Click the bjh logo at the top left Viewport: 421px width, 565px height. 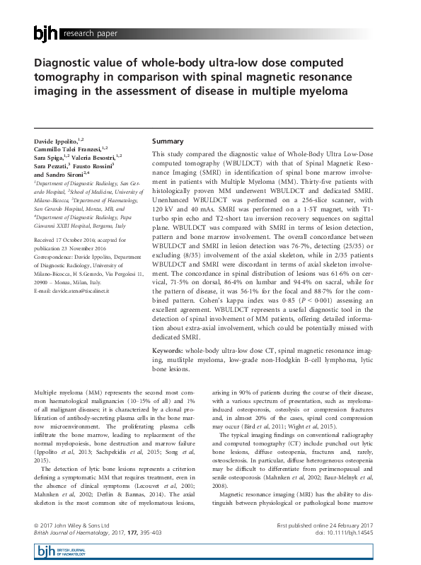46,33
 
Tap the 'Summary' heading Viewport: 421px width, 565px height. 168,141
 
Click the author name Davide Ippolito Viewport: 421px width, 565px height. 57,141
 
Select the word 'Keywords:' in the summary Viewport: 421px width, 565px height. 171,350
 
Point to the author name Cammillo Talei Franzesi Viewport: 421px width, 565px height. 67,149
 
